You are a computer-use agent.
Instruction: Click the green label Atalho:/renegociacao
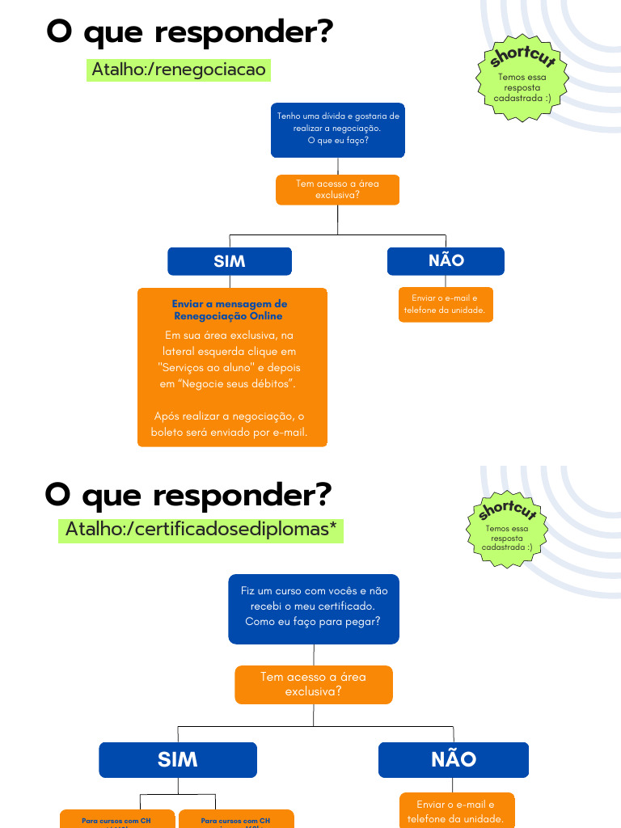[x=178, y=70]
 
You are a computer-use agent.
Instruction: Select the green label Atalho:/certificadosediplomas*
[x=201, y=530]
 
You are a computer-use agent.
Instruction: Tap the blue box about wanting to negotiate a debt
[x=337, y=129]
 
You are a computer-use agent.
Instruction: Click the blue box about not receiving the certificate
[x=314, y=606]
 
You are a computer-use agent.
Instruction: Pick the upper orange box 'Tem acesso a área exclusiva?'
[x=337, y=189]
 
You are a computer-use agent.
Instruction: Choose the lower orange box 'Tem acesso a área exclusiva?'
[x=313, y=684]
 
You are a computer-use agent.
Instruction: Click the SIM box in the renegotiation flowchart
[x=230, y=261]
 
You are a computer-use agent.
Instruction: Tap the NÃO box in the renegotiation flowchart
[x=446, y=260]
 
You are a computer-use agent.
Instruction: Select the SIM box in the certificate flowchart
[x=178, y=759]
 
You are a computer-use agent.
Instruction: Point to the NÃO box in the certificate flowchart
[x=454, y=759]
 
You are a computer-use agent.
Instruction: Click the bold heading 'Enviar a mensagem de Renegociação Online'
[x=230, y=310]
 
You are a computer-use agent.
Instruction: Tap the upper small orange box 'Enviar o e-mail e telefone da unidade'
[x=445, y=304]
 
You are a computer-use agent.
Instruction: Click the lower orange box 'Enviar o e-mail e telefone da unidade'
[x=457, y=811]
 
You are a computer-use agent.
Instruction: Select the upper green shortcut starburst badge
[x=522, y=78]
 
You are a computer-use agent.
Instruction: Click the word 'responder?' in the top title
[x=242, y=32]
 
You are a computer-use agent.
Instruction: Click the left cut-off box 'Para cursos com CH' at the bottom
[x=117, y=820]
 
